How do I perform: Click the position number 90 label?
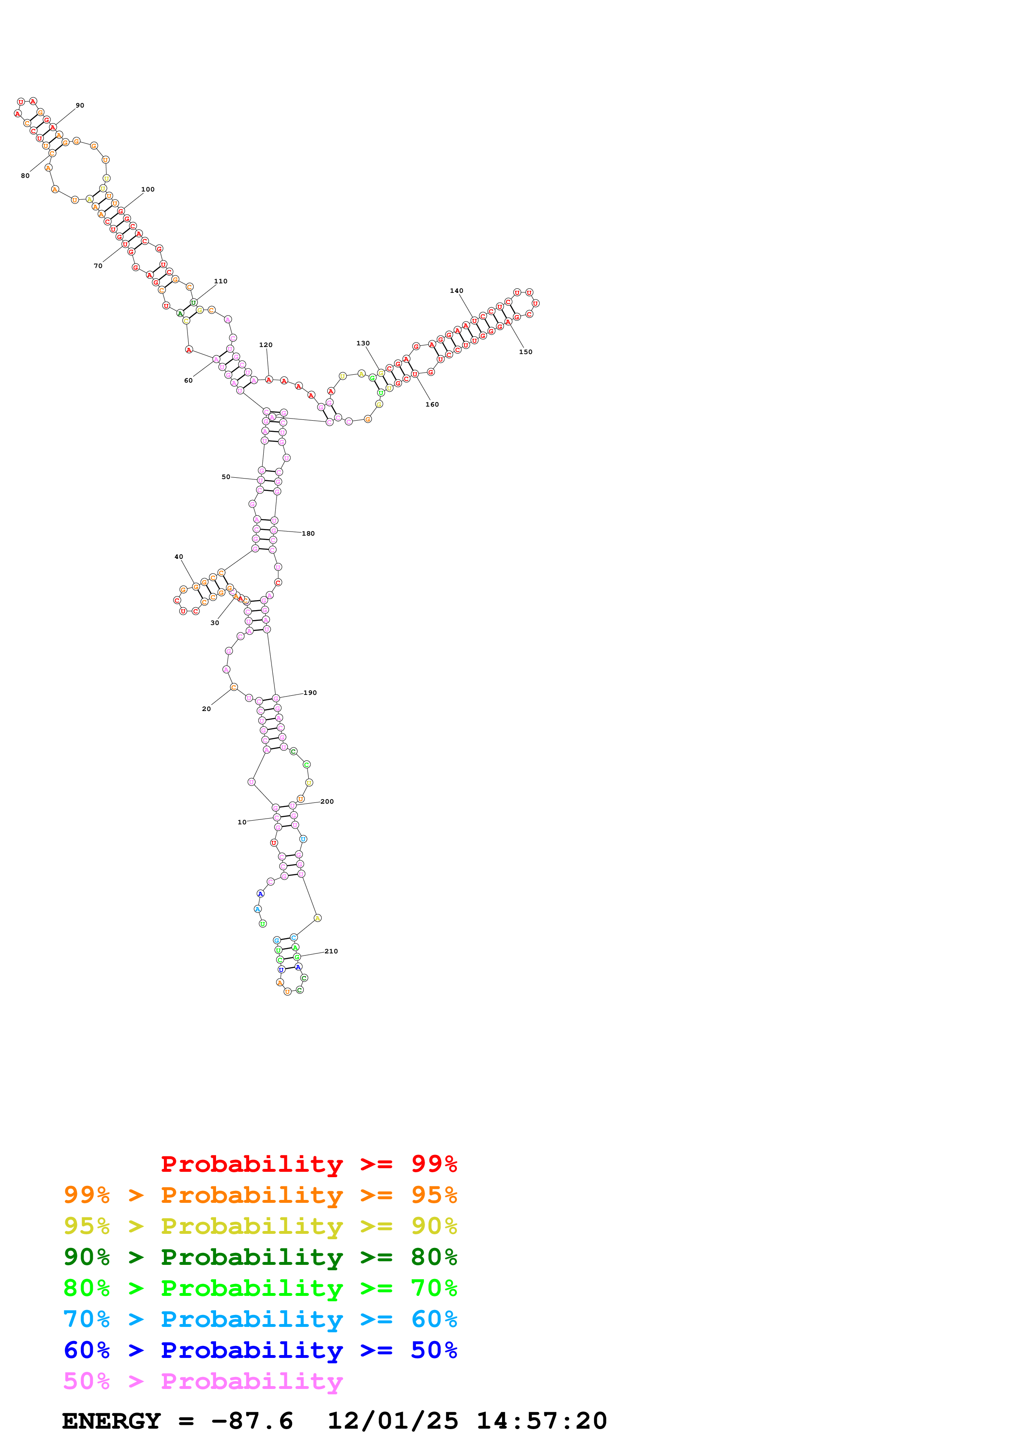[x=79, y=105]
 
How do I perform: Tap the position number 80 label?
[x=25, y=176]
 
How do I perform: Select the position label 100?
[x=147, y=189]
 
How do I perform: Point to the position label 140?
[x=457, y=291]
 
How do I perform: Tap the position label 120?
[x=266, y=345]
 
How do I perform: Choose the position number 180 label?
[x=308, y=534]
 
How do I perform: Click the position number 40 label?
[x=179, y=557]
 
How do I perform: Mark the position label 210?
[x=331, y=951]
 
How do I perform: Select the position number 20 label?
[x=206, y=709]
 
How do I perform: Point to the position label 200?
[x=327, y=801]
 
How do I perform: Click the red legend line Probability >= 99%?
[x=308, y=1164]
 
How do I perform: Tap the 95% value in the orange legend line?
[x=434, y=1195]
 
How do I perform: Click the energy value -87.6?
[x=252, y=1421]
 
